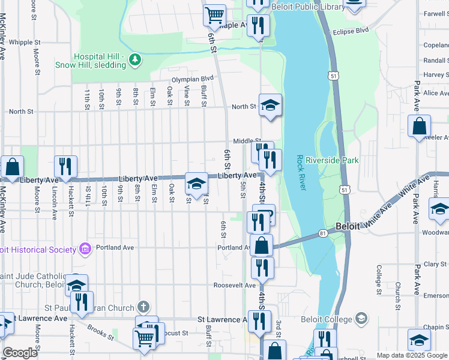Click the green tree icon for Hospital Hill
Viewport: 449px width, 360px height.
point(136,59)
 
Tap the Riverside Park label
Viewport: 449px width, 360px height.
point(332,160)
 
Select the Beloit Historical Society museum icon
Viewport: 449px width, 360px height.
point(85,249)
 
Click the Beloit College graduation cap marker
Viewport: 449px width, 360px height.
point(361,317)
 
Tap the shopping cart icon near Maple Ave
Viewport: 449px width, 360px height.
point(214,14)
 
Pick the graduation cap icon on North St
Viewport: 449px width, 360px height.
point(270,105)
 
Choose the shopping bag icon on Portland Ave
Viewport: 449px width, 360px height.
point(262,245)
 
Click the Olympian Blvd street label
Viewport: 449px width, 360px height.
point(193,79)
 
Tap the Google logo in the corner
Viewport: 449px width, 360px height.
point(19,353)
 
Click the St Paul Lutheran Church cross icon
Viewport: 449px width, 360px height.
point(142,307)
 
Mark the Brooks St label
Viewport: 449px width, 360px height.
point(101,331)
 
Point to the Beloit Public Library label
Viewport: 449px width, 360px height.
point(309,7)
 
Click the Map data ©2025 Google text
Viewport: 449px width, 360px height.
point(412,355)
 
